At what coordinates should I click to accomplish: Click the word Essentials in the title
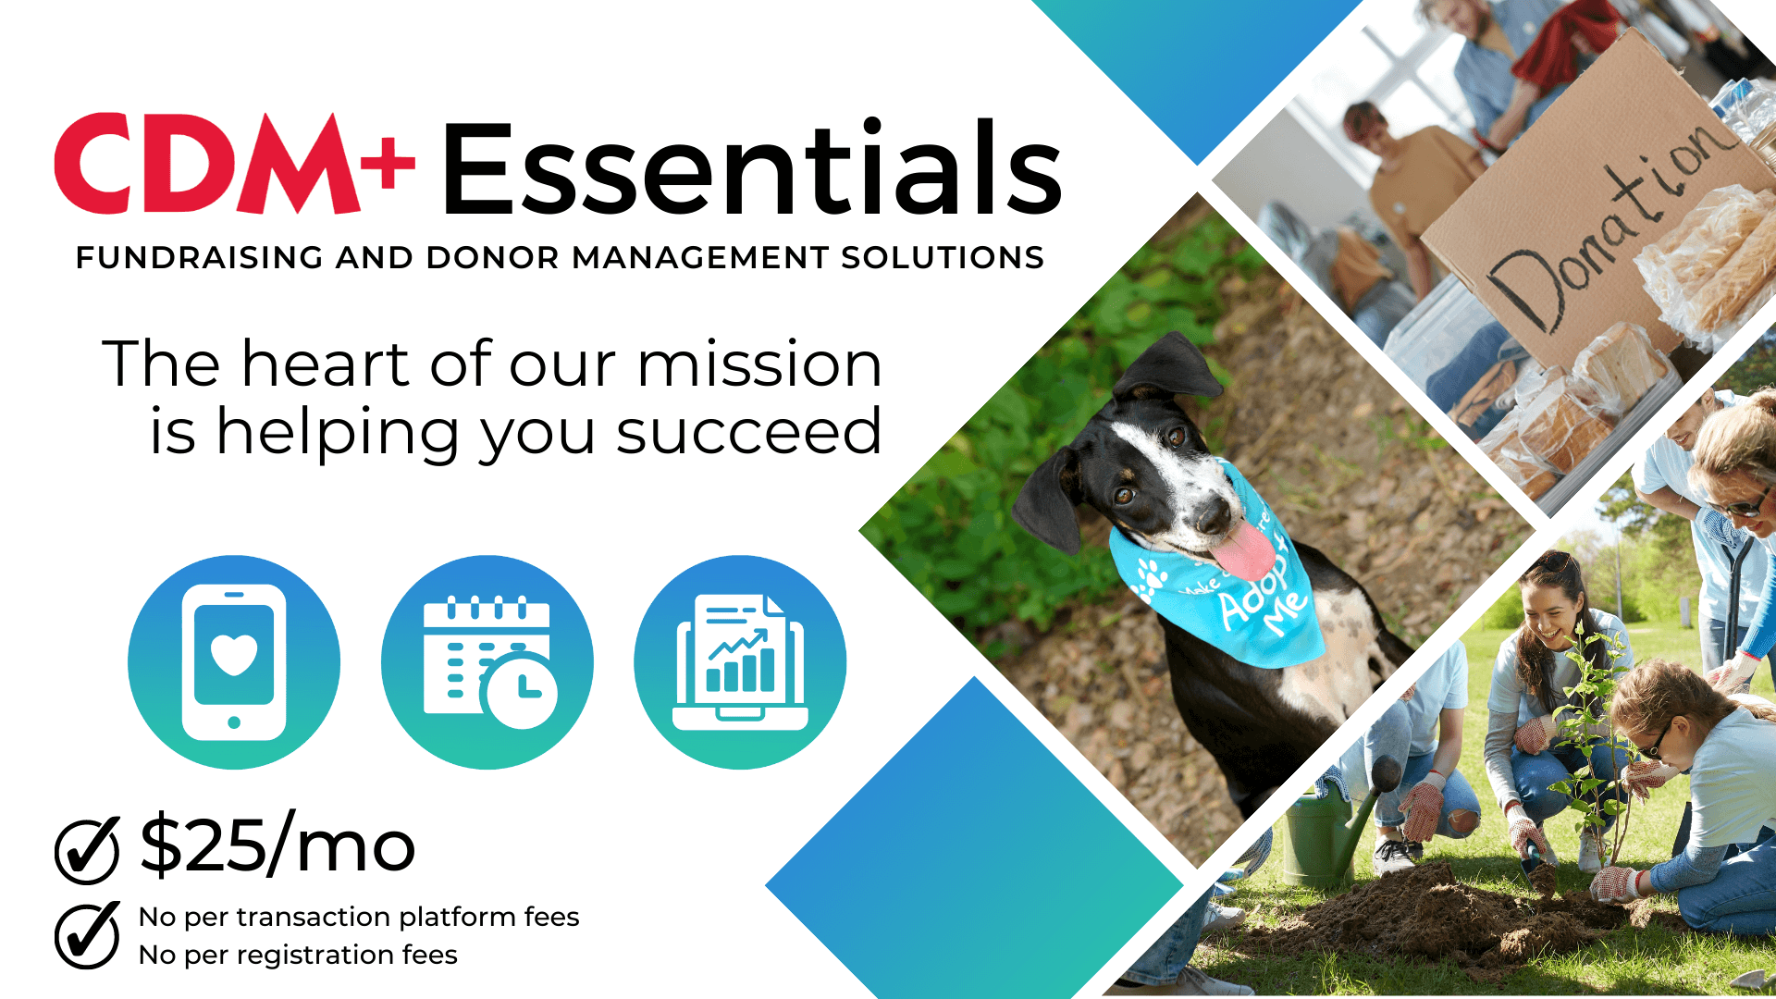752,167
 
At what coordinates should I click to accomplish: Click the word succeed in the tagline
748,432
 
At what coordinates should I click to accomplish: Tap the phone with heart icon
234,662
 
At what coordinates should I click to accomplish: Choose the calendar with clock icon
487,662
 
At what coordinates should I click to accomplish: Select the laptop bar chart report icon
740,662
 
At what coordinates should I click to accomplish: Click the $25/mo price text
277,844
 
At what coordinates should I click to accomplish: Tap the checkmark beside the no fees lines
87,935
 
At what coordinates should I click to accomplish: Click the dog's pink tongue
1245,551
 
